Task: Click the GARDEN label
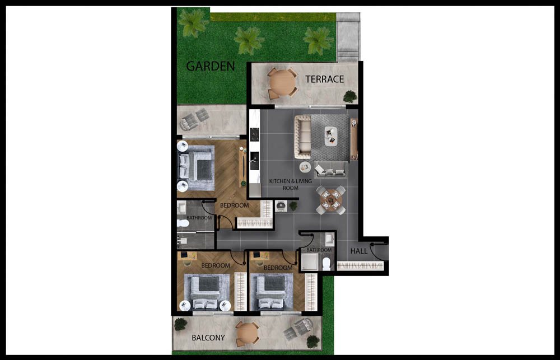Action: click(x=211, y=66)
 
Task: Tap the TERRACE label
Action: click(x=324, y=79)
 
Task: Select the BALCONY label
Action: click(x=208, y=338)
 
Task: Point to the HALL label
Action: click(x=358, y=251)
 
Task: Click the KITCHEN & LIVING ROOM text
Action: click(x=290, y=184)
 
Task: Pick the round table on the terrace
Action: click(x=282, y=83)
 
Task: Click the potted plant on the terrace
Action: click(x=350, y=96)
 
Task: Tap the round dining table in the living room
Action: click(x=331, y=200)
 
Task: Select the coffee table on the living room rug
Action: click(x=331, y=135)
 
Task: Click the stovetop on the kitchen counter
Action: click(x=255, y=134)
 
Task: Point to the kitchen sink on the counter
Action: click(x=255, y=160)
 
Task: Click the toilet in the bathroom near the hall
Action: click(x=326, y=264)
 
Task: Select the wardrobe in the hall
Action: click(x=360, y=266)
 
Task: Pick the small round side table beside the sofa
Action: click(x=305, y=166)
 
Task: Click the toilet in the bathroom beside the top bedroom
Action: click(x=183, y=223)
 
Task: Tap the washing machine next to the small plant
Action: click(x=281, y=205)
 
